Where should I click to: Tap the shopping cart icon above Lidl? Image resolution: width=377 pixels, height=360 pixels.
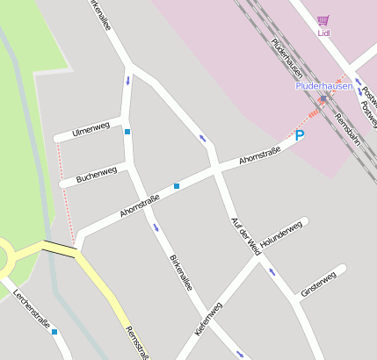[323, 19]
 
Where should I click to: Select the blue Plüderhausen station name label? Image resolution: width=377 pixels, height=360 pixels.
[323, 86]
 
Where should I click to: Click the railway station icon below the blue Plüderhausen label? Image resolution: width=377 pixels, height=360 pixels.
[323, 98]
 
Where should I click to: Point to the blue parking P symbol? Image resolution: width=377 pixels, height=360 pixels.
[300, 135]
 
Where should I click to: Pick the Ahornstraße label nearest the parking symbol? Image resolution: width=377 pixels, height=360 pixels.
[260, 157]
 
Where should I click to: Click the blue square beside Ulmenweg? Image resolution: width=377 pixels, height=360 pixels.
[127, 132]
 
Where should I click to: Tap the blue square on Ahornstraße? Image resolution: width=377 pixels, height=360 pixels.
[177, 186]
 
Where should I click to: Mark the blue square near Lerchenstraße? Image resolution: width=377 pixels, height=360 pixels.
[54, 332]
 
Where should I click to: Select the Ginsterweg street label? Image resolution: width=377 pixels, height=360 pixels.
[317, 285]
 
